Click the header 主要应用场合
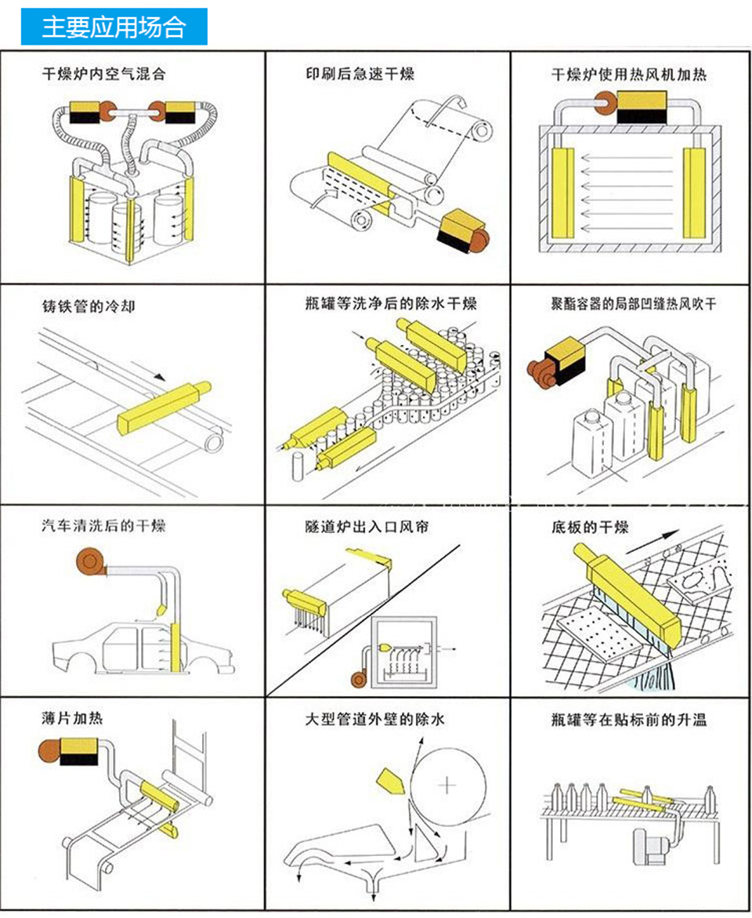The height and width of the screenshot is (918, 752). (x=114, y=27)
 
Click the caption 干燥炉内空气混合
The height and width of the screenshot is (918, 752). (x=104, y=75)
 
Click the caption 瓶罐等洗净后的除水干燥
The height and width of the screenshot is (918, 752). (x=391, y=303)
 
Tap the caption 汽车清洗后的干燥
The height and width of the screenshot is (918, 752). (x=103, y=525)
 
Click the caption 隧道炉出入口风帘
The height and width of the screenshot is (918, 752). (x=367, y=527)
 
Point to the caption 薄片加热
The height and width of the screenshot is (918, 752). (x=72, y=718)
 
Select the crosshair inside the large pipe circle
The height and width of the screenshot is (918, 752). (x=447, y=784)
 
